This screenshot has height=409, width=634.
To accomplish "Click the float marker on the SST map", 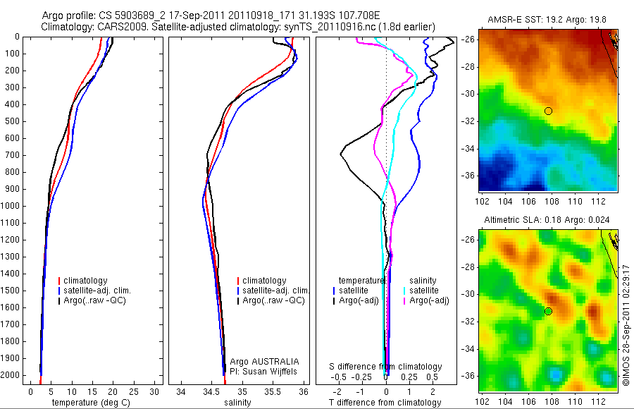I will pos(548,111).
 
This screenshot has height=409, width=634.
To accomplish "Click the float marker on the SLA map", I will pos(548,311).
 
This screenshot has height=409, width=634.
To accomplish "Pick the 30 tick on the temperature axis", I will pos(155,391).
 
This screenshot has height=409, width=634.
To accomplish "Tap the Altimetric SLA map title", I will pos(546,220).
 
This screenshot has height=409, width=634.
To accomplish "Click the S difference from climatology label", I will pos(386,367).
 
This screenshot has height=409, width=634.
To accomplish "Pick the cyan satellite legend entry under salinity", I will pos(422,291).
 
